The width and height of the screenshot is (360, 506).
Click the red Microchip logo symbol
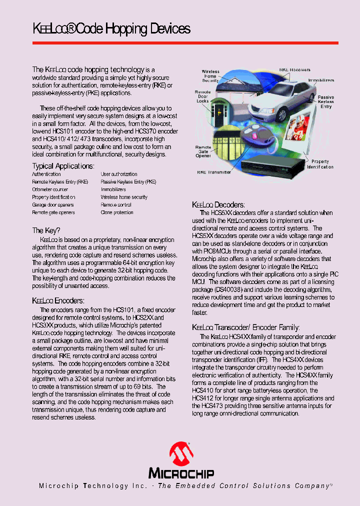click(x=181, y=454)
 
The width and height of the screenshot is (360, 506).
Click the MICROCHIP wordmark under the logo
click(x=181, y=473)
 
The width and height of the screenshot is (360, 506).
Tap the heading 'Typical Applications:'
click(x=63, y=166)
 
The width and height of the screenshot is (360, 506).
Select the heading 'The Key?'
click(x=46, y=230)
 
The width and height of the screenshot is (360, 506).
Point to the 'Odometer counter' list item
click(x=50, y=189)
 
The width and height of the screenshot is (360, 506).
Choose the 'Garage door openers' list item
click(x=53, y=205)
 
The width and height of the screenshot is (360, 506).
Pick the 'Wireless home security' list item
click(x=124, y=197)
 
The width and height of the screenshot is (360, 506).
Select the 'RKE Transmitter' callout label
click(x=214, y=172)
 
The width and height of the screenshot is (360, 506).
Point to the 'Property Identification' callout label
click(x=320, y=164)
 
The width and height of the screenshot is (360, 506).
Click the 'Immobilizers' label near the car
click(x=321, y=80)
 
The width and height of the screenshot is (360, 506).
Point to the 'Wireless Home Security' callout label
click(x=210, y=76)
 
